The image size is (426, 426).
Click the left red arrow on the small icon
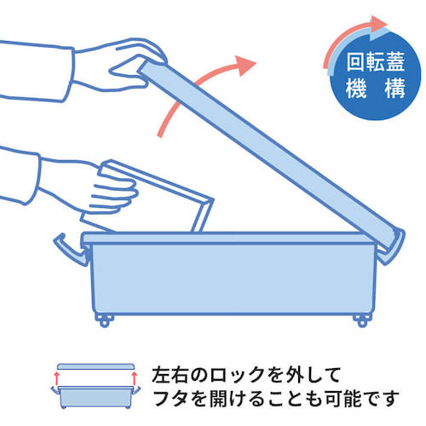point(56,376)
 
